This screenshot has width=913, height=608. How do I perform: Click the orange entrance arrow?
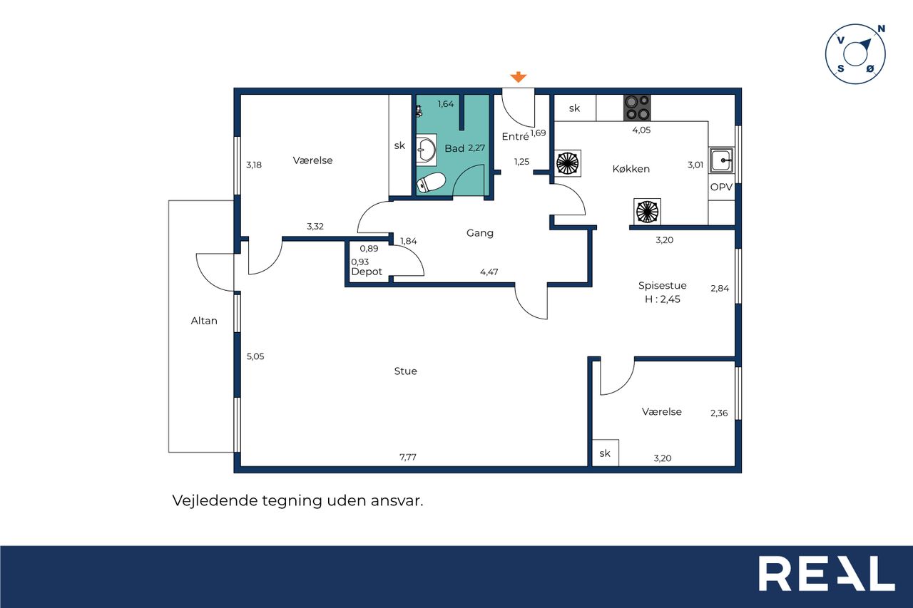518,76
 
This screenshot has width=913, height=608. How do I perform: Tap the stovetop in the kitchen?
637,108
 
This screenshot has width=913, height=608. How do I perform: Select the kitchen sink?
721,160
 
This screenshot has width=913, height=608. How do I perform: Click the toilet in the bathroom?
431,182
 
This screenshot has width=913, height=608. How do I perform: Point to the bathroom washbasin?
427,150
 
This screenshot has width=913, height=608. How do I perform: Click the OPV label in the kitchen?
721,187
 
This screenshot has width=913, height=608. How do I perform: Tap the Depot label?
367,272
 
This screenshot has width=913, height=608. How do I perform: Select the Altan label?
204,321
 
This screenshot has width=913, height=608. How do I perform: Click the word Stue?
406,371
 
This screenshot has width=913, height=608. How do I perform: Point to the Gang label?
480,233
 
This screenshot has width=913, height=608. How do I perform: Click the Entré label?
515,136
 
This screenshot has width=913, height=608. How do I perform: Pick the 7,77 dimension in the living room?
408,458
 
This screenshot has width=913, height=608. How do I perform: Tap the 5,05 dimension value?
255,356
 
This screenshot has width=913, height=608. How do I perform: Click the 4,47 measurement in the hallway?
489,272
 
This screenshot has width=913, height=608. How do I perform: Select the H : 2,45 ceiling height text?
663,299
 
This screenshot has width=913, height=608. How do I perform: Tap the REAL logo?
827,573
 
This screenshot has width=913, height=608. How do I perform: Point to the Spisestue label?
663,286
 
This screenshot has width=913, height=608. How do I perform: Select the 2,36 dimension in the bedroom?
719,413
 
